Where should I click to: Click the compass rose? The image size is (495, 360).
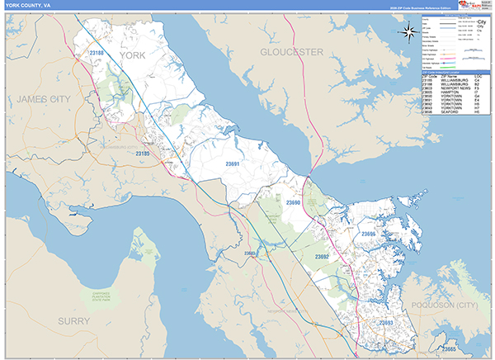(408, 32)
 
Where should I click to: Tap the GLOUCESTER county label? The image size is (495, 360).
(291, 51)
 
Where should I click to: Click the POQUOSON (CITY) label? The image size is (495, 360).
(455, 305)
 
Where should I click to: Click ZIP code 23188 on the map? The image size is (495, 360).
(98, 54)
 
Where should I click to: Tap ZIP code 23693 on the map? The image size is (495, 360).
(385, 322)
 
